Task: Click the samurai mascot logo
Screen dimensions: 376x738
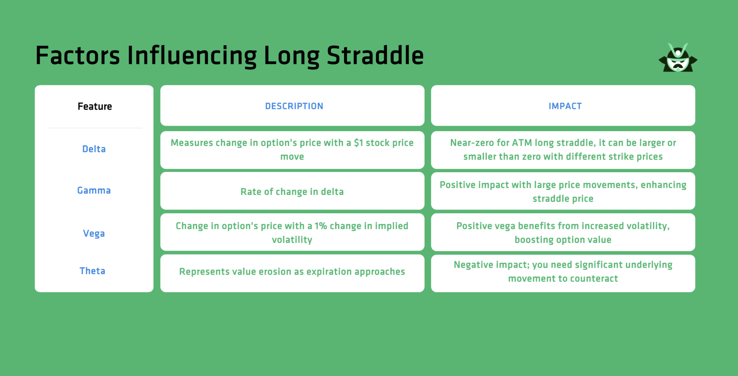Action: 678,58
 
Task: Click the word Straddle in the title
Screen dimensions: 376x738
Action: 375,56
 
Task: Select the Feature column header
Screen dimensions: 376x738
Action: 95,106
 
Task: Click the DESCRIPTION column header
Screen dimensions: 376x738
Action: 294,106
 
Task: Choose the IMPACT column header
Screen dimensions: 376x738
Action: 565,106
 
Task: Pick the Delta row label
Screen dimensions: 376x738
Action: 94,149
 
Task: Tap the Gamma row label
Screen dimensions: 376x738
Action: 94,191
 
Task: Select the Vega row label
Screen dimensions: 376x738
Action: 94,233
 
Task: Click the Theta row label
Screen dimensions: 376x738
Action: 92,271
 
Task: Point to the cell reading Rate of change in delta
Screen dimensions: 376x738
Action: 292,192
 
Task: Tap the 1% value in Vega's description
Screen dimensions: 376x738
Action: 321,226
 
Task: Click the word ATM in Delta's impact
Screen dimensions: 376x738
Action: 522,143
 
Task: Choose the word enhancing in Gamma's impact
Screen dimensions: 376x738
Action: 663,185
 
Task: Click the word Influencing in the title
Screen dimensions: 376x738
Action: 192,56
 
